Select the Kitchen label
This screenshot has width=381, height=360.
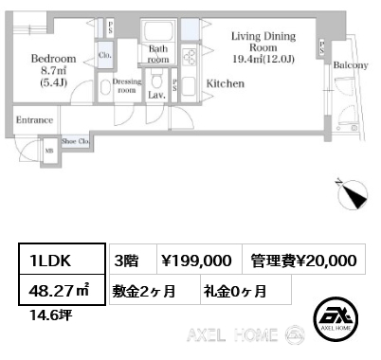[x=226, y=84]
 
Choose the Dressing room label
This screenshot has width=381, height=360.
[x=127, y=85]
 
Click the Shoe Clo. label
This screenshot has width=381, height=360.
[x=75, y=141]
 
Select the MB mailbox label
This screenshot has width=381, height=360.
[x=49, y=149]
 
